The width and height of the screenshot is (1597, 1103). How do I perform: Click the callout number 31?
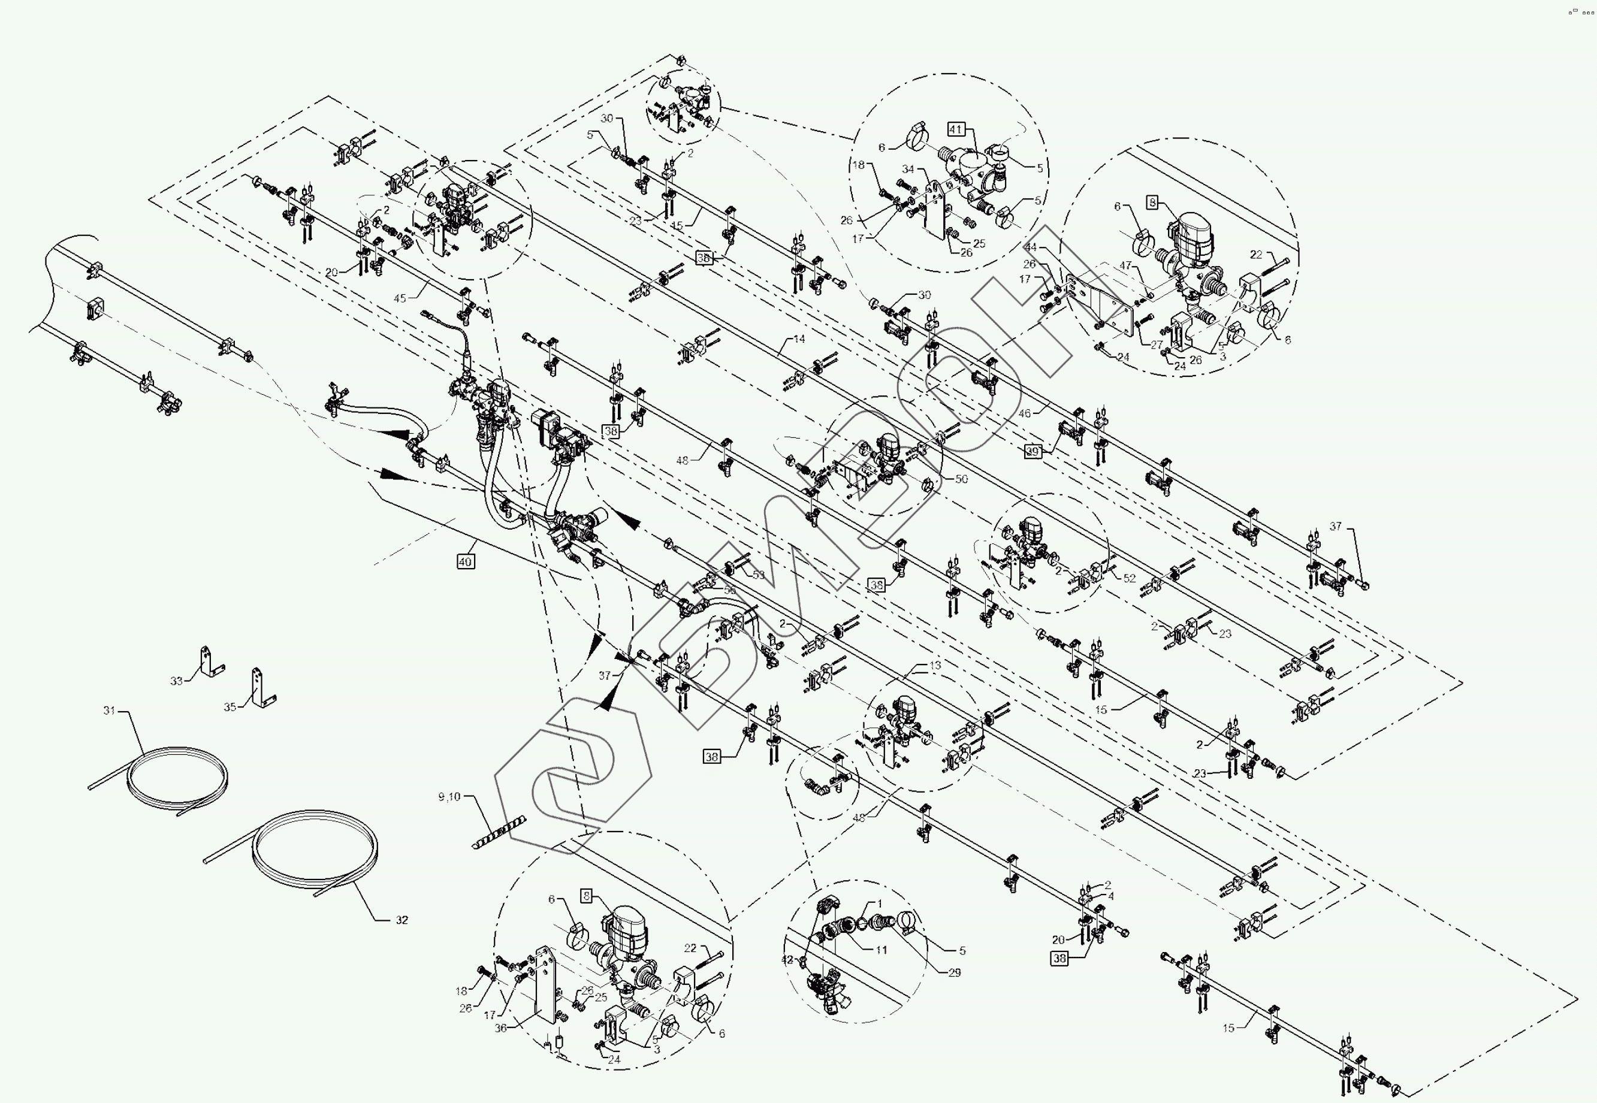click(x=109, y=710)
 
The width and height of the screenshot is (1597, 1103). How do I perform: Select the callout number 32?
click(x=402, y=920)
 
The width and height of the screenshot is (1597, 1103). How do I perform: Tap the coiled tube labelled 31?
click(x=177, y=778)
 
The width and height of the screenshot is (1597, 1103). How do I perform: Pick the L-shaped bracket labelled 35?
click(x=262, y=688)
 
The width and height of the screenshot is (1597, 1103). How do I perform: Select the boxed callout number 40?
click(x=465, y=562)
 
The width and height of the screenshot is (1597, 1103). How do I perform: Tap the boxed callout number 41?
click(x=956, y=129)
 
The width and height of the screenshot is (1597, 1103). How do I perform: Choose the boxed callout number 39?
click(x=1033, y=451)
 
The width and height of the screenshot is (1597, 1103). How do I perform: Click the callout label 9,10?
click(x=449, y=797)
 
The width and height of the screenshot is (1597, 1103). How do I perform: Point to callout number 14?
click(x=799, y=339)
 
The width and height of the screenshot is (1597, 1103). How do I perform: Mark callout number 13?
click(x=935, y=665)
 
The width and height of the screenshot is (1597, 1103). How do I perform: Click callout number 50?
click(x=961, y=478)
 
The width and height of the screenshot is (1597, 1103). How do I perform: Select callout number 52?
click(x=1130, y=578)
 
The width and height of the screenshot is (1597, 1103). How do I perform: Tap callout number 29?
click(x=955, y=972)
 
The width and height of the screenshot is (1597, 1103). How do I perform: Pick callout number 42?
click(x=787, y=960)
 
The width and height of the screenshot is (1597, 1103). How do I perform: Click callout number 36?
click(x=501, y=1028)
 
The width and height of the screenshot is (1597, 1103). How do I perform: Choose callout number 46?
click(x=1025, y=413)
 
